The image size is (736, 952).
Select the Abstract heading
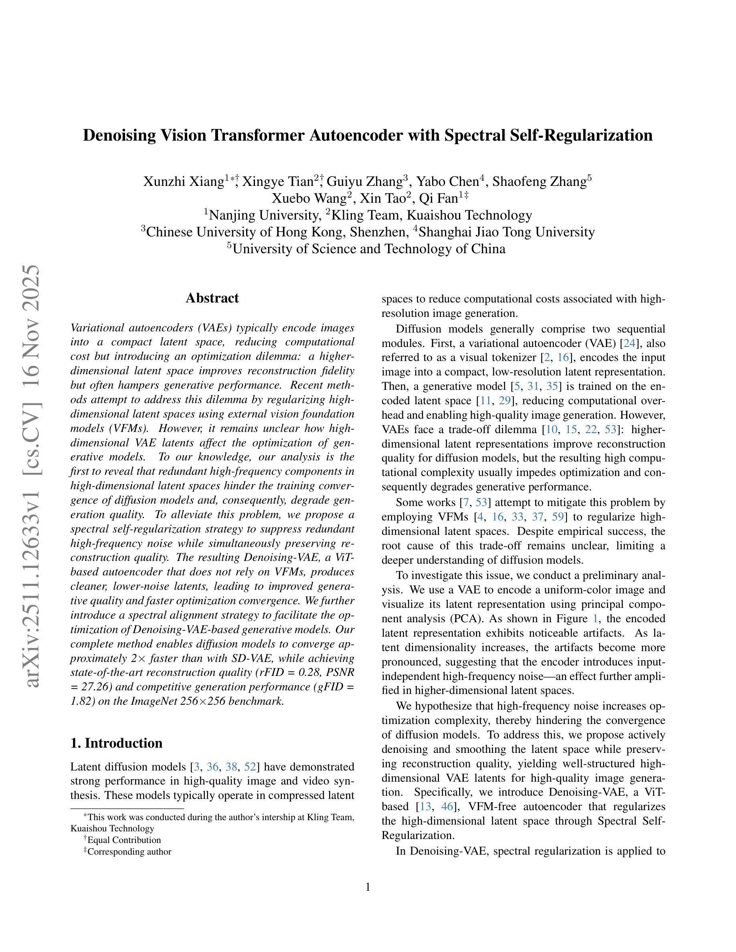212,298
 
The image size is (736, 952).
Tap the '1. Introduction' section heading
116,743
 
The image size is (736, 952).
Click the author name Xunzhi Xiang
184,182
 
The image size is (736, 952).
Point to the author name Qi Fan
438,198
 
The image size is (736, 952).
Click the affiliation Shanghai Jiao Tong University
507,232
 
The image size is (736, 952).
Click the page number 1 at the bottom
368,887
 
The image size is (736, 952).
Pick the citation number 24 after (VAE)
629,343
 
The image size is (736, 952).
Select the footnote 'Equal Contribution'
124,840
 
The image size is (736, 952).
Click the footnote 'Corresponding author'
129,851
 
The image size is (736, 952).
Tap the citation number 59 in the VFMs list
558,517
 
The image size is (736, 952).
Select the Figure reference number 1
596,619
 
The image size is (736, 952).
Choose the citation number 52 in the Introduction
250,767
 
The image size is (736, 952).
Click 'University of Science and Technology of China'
369,249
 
